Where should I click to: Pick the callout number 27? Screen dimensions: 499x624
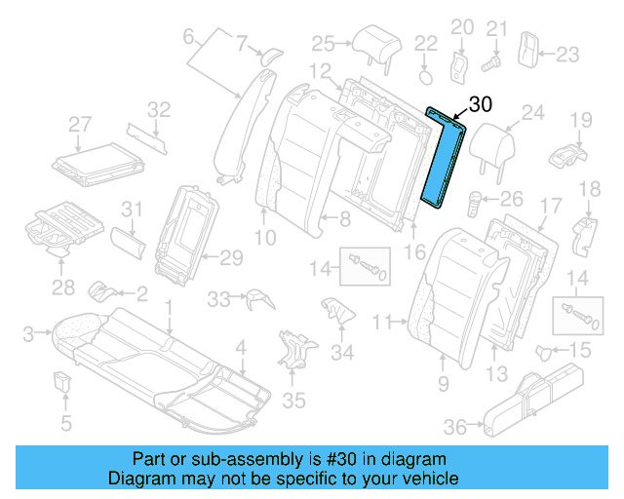(79, 124)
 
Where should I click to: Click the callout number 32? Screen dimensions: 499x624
(159, 108)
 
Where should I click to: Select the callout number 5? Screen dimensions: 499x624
(66, 423)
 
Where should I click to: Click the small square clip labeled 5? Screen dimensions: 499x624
(65, 380)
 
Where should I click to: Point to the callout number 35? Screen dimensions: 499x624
(293, 400)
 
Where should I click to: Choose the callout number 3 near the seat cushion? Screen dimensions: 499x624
(27, 333)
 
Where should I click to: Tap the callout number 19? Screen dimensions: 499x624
(581, 120)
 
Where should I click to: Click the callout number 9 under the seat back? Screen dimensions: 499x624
(444, 385)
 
